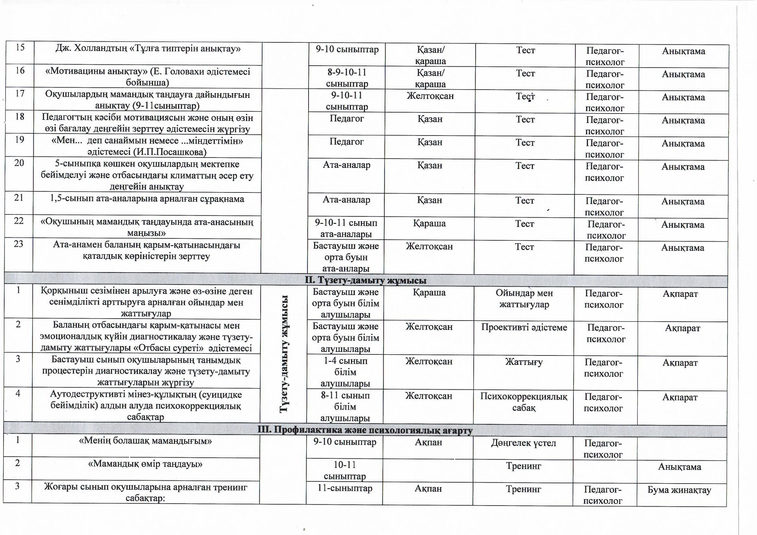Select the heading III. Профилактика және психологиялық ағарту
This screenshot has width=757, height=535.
click(x=365, y=430)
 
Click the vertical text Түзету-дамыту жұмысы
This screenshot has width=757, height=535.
click(x=284, y=354)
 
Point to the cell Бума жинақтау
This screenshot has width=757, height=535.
click(x=679, y=490)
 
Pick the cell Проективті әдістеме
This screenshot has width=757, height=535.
click(x=524, y=327)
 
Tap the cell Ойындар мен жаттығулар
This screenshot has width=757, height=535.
click(x=524, y=299)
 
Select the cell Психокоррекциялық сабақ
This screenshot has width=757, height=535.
click(x=524, y=402)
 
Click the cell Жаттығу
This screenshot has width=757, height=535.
click(x=524, y=362)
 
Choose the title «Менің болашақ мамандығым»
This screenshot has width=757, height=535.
click(x=145, y=441)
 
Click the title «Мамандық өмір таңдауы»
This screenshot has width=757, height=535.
click(x=145, y=464)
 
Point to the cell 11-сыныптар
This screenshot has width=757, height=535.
click(x=345, y=488)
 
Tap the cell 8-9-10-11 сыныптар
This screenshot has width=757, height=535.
click(x=347, y=78)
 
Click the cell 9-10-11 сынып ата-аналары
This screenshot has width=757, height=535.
click(x=346, y=228)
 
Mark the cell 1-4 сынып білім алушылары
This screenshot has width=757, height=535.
click(x=345, y=372)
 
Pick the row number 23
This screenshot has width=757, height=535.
click(x=18, y=244)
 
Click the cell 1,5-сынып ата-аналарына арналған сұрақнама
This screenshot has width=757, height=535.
click(x=147, y=199)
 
